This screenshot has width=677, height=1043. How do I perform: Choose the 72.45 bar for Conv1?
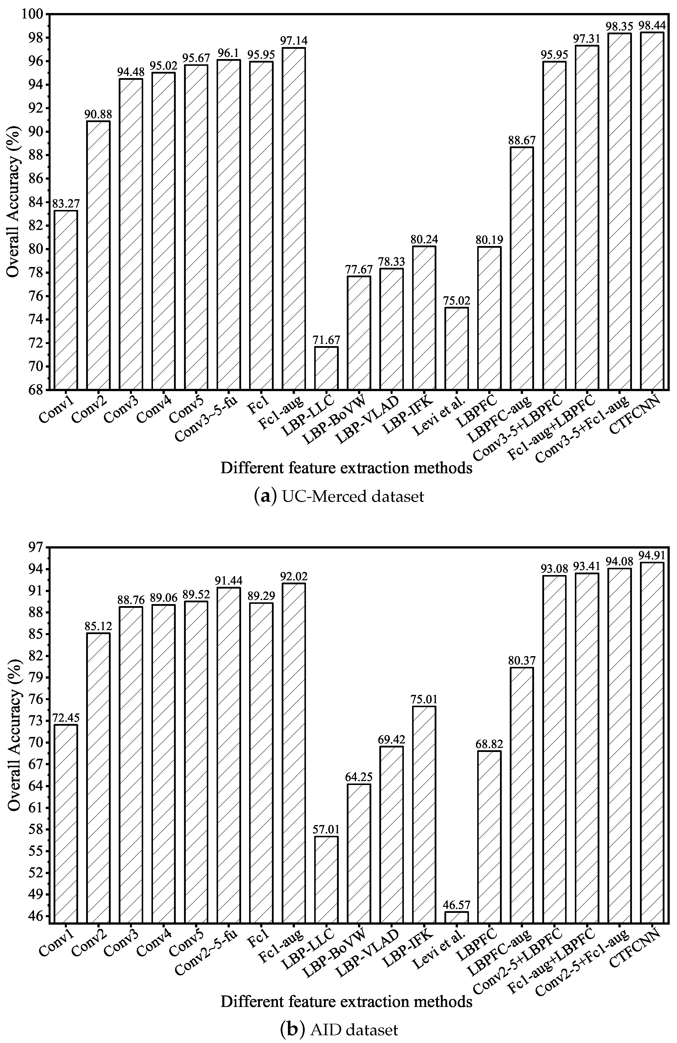(x=66, y=824)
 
